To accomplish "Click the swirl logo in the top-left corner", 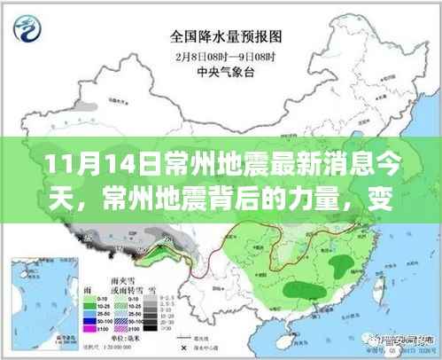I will pos(28,27).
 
